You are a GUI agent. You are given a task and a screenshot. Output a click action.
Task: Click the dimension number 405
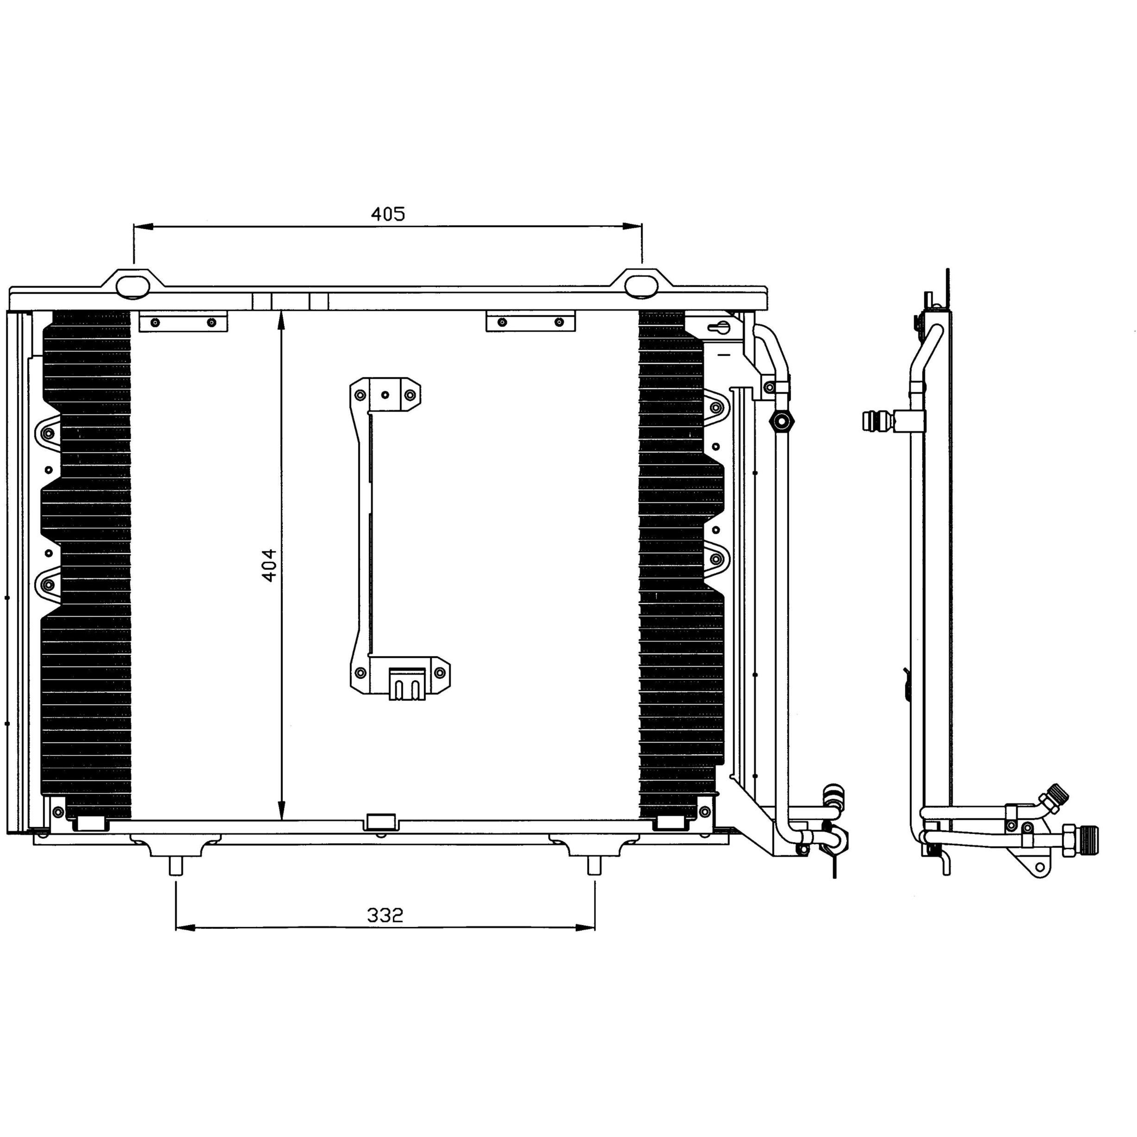click(x=388, y=214)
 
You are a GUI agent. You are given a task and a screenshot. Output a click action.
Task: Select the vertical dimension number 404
click(x=269, y=565)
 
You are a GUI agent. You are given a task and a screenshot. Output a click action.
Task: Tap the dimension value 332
click(x=385, y=915)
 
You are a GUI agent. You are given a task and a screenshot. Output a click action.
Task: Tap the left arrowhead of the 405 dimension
click(x=143, y=227)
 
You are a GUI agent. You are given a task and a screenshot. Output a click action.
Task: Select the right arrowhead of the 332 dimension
click(x=585, y=928)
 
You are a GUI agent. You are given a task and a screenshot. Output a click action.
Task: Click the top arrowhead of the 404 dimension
click(x=282, y=321)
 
